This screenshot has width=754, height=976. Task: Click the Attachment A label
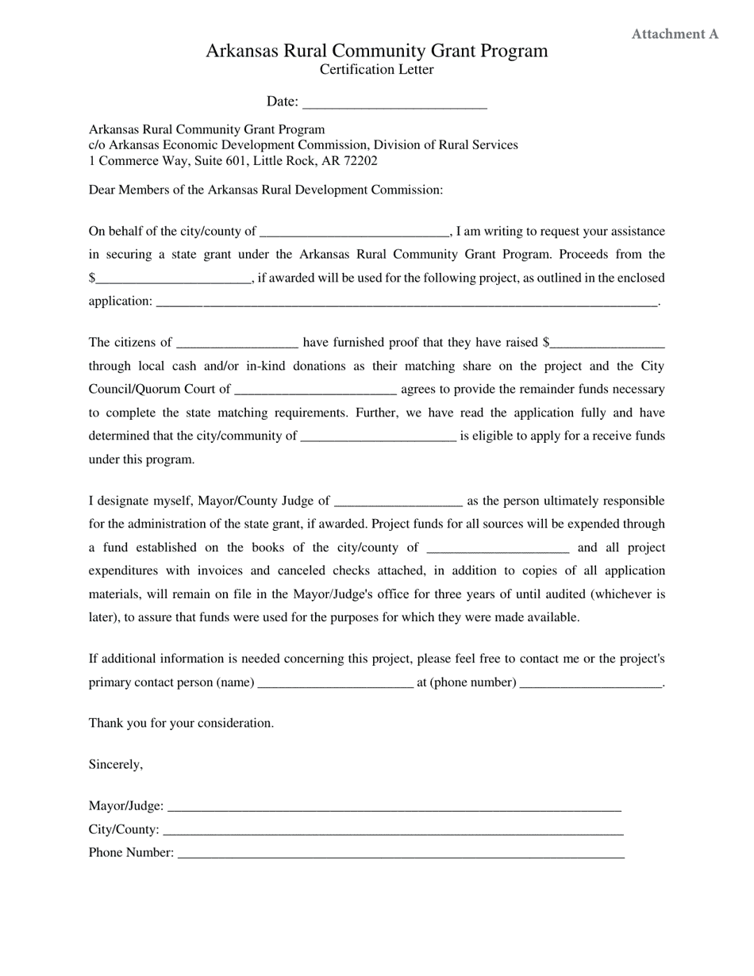[x=675, y=34]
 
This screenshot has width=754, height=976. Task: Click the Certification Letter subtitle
[x=376, y=70]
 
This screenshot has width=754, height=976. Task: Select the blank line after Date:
[x=394, y=103]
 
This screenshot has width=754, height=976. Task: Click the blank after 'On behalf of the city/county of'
[x=354, y=232]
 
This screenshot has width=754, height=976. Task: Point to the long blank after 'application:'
[x=407, y=302]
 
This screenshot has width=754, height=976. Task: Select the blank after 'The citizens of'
[x=237, y=344]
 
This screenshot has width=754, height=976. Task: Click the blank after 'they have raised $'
[x=607, y=344]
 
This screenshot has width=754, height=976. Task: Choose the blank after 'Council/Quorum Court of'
[x=316, y=390]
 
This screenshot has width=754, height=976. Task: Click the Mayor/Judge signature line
[x=394, y=808]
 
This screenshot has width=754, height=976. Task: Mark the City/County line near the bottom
[x=393, y=831]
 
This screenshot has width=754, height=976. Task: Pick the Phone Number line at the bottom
[x=401, y=855]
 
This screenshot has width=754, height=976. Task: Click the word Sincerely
[x=116, y=765]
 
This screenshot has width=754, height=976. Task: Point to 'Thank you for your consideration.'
[x=181, y=724]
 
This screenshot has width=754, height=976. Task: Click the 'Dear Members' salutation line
[x=265, y=190]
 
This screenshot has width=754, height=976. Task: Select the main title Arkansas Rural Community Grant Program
[x=376, y=51]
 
